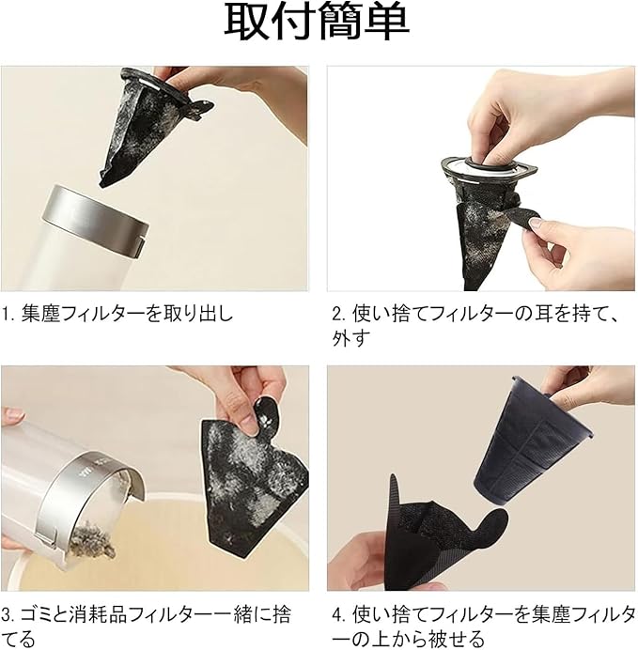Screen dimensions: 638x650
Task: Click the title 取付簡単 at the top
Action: [317, 22]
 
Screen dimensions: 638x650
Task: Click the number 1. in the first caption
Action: [8, 314]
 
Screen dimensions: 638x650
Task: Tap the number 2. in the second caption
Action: [338, 314]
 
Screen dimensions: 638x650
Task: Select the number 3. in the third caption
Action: [8, 614]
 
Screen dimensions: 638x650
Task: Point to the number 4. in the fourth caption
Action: [339, 614]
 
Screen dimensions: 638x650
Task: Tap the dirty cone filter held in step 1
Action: [145, 124]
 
